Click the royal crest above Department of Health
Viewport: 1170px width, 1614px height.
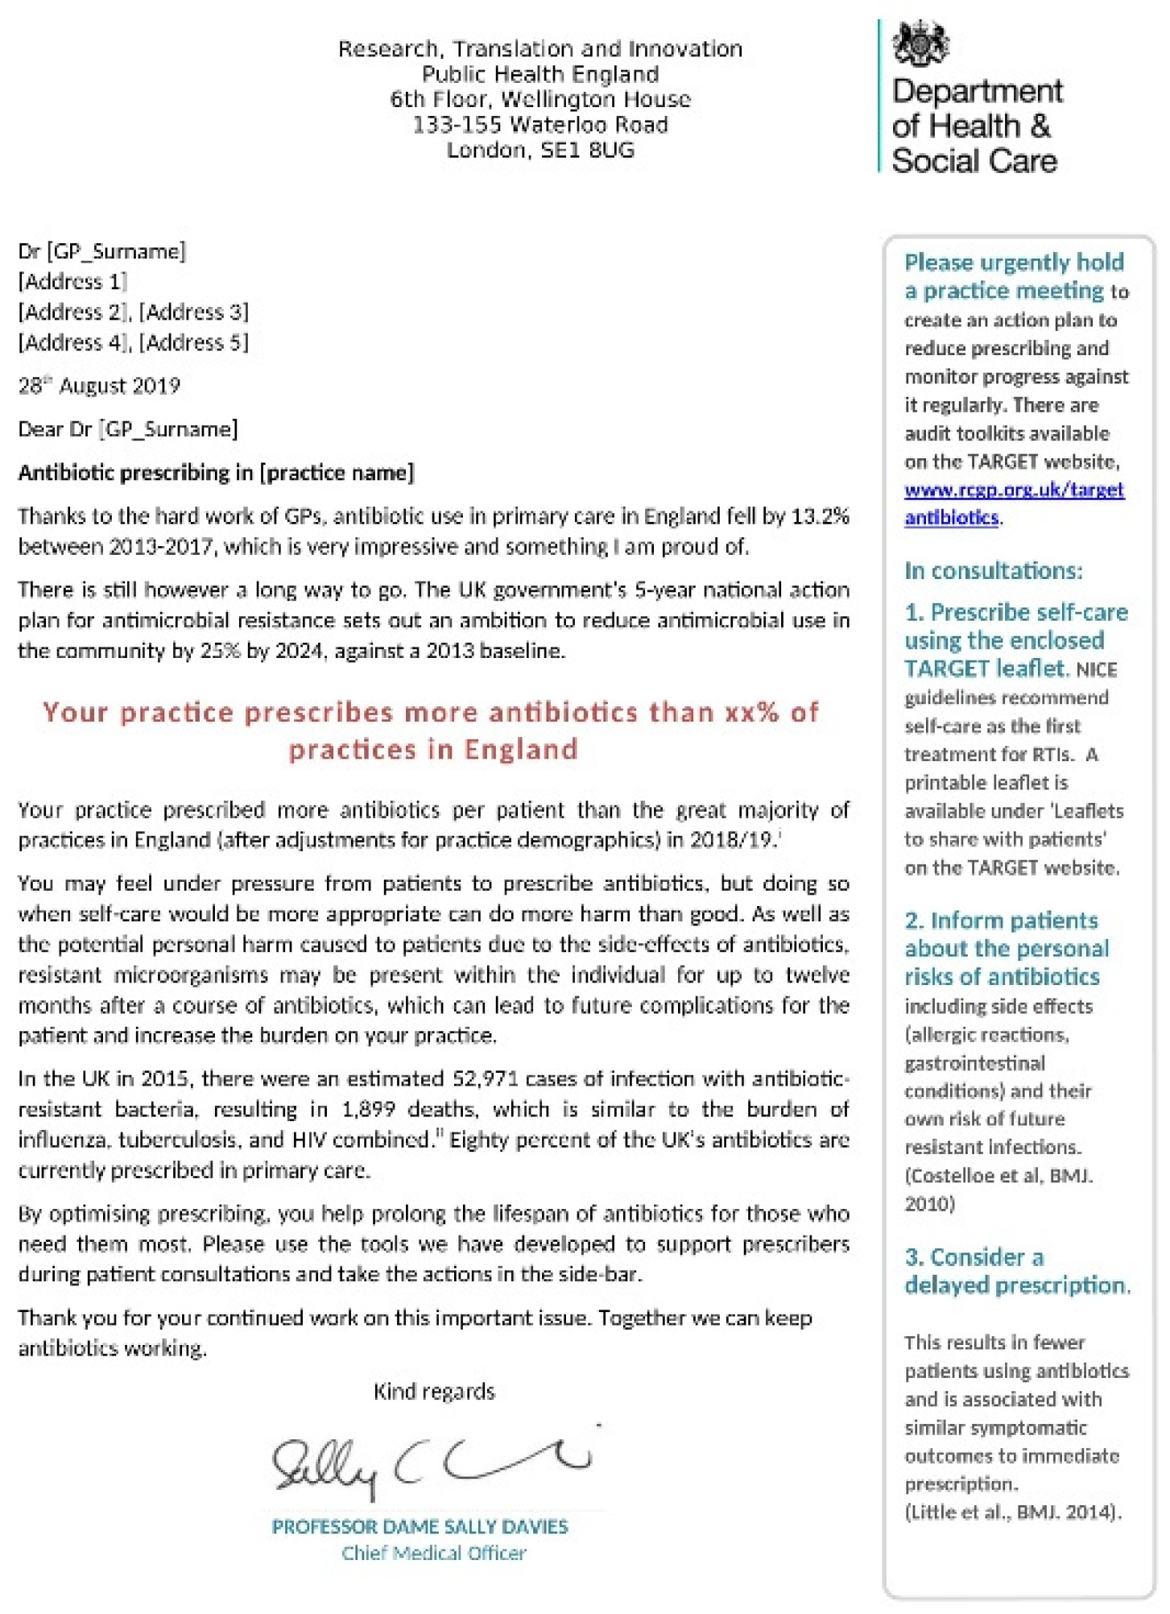(920, 44)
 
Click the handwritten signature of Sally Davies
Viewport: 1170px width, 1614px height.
(432, 1461)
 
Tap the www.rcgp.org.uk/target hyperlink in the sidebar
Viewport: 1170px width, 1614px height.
(1014, 490)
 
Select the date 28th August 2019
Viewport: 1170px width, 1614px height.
(99, 386)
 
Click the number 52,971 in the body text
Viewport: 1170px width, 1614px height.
(484, 1078)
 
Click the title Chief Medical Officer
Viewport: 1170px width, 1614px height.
(433, 1554)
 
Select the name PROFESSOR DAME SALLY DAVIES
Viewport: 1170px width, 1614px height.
(420, 1526)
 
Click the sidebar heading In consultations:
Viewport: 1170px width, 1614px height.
(993, 571)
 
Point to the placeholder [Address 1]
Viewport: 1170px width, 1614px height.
(72, 281)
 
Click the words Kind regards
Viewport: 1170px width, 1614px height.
(434, 1392)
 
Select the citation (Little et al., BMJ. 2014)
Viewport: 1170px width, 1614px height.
(1012, 1512)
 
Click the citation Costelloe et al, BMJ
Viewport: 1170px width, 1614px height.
(998, 1175)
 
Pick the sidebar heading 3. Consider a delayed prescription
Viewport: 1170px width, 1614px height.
(1016, 1270)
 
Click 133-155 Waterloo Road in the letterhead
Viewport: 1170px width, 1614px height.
(540, 125)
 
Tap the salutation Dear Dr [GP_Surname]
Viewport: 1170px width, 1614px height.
(128, 429)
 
